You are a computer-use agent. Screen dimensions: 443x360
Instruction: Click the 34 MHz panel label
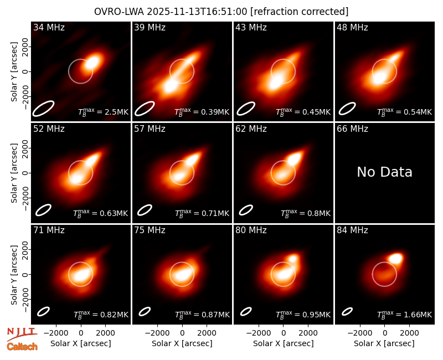pyautogui.click(x=49, y=27)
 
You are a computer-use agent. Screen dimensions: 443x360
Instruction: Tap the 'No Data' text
pyautogui.click(x=384, y=172)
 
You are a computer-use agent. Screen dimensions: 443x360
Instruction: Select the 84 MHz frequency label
pyautogui.click(x=352, y=230)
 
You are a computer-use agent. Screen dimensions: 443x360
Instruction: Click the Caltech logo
pyautogui.click(x=22, y=347)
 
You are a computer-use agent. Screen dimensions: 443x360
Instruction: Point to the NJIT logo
pyautogui.click(x=22, y=333)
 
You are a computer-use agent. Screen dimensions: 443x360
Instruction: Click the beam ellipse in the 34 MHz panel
pyautogui.click(x=43, y=108)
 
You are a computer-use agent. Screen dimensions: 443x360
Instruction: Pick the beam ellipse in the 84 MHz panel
pyautogui.click(x=347, y=311)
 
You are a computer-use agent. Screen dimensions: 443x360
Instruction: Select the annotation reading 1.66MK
pyautogui.click(x=418, y=315)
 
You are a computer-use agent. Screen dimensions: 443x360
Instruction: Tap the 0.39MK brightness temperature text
pyautogui.click(x=215, y=112)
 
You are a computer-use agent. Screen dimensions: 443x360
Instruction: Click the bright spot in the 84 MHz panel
pyautogui.click(x=395, y=258)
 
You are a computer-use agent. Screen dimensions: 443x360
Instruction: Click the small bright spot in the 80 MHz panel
pyautogui.click(x=292, y=258)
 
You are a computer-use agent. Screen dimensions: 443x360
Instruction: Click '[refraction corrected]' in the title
pyautogui.click(x=300, y=12)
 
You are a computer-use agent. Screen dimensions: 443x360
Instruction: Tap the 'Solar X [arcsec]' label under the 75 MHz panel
pyautogui.click(x=182, y=343)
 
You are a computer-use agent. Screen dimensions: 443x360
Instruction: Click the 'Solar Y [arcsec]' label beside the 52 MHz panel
pyautogui.click(x=14, y=173)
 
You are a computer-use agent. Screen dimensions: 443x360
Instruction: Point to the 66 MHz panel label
pyautogui.click(x=352, y=129)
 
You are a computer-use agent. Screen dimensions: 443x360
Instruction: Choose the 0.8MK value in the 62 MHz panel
pyautogui.click(x=319, y=213)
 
